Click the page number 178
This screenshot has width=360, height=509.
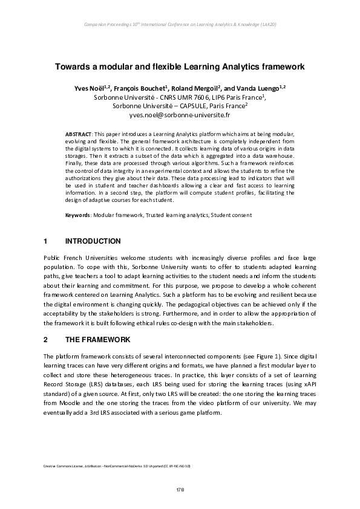(180, 488)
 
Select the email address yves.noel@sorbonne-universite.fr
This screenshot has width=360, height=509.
(180, 114)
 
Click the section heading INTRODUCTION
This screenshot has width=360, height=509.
(93, 241)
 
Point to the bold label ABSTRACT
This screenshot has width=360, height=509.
(78, 132)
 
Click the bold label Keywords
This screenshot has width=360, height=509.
(77, 215)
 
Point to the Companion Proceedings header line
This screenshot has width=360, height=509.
(180, 24)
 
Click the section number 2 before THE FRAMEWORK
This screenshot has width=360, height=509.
(45, 340)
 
